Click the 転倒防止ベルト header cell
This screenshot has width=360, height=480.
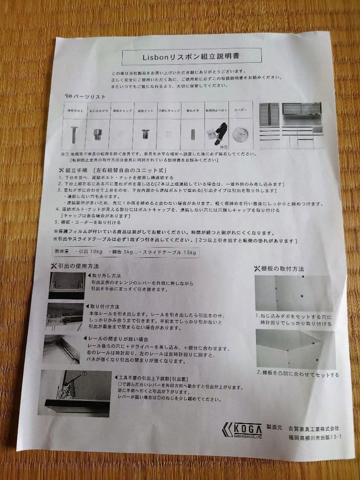click(217, 110)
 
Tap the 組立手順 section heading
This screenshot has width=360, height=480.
click(76, 170)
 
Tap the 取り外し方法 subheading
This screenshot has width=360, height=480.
click(105, 276)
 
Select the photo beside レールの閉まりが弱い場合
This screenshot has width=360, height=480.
click(62, 349)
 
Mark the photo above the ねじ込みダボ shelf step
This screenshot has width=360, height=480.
click(294, 293)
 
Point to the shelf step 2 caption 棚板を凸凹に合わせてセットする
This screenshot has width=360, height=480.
click(297, 374)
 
